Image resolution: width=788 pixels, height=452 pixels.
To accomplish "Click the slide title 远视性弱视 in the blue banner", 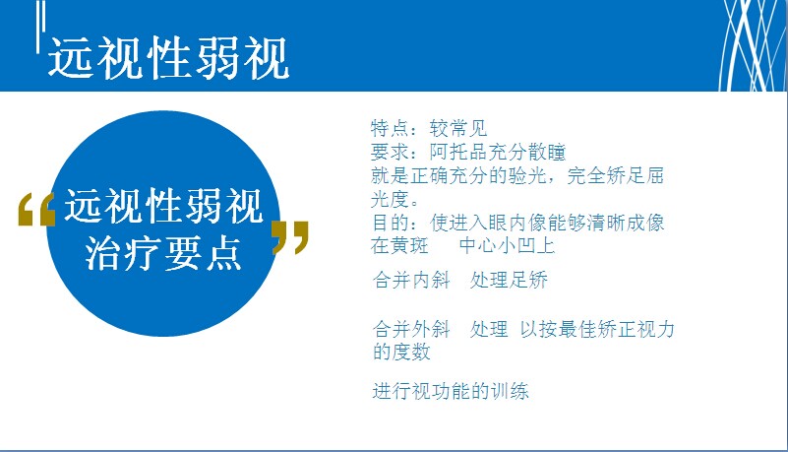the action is [169, 58].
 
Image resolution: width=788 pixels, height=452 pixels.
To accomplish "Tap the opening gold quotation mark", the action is [36, 209].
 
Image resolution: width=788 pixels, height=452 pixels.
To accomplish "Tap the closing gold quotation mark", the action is [290, 236].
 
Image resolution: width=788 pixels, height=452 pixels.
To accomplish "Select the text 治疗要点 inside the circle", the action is [163, 253].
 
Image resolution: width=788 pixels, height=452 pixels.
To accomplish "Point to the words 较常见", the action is [458, 128].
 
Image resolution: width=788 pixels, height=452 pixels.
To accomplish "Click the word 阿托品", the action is [458, 152].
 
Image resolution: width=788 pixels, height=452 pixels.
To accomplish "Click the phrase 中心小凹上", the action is [507, 246].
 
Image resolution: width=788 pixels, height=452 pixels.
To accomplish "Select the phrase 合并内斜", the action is [411, 280].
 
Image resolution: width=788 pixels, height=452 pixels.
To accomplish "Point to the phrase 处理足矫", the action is [509, 280].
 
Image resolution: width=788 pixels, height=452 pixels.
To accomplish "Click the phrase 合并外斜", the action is [411, 329].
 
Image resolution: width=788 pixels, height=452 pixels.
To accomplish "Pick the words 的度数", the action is [401, 352].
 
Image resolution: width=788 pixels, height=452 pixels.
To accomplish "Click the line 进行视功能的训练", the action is [451, 391].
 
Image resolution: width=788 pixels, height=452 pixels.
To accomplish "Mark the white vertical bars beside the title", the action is [40, 27].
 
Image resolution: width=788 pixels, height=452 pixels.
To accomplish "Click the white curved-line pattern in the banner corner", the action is [752, 45].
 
